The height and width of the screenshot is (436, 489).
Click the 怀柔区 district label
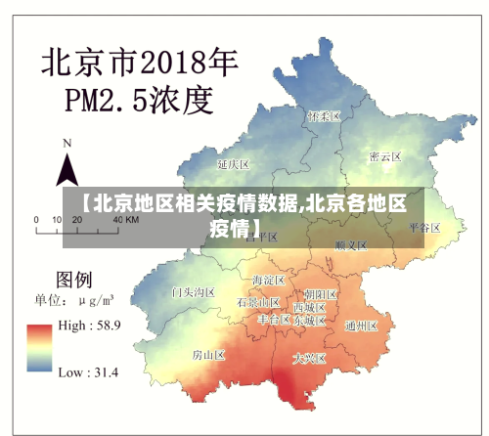(x=323, y=115)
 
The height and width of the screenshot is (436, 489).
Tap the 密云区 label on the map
(x=384, y=156)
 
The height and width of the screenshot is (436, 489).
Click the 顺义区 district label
(x=349, y=244)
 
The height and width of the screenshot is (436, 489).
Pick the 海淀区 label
(x=267, y=281)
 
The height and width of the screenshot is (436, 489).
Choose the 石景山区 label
(x=258, y=303)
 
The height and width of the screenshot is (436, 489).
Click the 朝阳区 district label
(x=320, y=293)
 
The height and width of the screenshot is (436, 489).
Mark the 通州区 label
(x=361, y=326)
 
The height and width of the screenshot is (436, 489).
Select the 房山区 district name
(x=208, y=354)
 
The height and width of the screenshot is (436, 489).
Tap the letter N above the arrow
(x=67, y=143)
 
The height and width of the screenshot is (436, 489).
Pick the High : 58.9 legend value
(x=89, y=325)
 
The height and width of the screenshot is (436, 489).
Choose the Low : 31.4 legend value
(x=88, y=372)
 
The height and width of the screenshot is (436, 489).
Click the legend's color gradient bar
(x=40, y=348)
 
